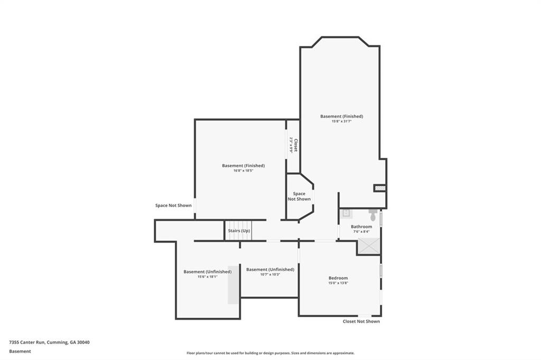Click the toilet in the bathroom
[373, 215]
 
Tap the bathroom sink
[346, 213]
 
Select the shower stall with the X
[369, 245]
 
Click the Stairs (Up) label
[239, 231]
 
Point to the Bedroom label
[338, 278]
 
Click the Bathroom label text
[361, 226]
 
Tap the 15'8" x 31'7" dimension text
[341, 121]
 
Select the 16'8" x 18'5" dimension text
[243, 170]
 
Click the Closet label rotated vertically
[296, 145]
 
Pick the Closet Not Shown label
[361, 321]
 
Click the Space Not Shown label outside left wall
[173, 205]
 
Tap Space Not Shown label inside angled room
[299, 196]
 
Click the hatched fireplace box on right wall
[379, 188]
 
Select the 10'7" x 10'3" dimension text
[270, 274]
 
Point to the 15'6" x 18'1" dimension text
[207, 277]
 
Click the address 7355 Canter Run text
[49, 342]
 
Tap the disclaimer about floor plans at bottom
[270, 353]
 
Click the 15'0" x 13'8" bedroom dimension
[338, 283]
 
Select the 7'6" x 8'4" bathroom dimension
[361, 232]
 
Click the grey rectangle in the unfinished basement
[233, 284]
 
